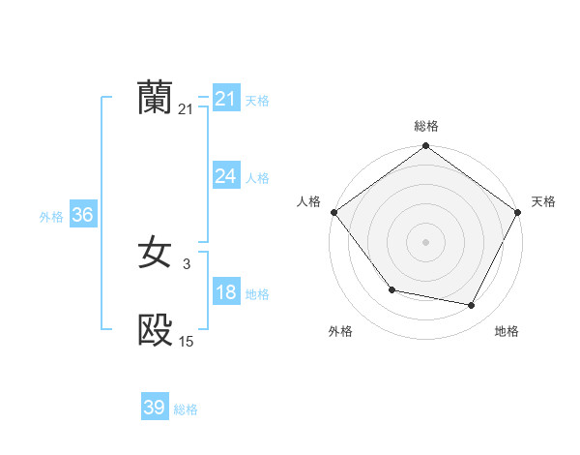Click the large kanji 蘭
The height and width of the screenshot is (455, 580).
click(x=155, y=98)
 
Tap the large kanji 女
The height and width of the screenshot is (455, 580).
click(x=155, y=254)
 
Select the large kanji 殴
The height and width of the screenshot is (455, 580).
click(x=155, y=330)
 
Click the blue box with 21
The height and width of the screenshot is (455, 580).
click(x=225, y=99)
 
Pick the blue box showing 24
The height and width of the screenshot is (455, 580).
click(x=225, y=176)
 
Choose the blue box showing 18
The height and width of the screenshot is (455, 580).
click(x=225, y=292)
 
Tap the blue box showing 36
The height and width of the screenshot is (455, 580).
click(x=82, y=215)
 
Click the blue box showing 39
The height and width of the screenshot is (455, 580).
click(x=154, y=408)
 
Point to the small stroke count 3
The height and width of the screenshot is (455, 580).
click(x=186, y=263)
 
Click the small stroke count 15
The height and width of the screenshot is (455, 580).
click(x=186, y=341)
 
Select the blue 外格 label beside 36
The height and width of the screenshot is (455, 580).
click(x=51, y=217)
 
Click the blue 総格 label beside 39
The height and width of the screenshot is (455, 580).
click(x=186, y=409)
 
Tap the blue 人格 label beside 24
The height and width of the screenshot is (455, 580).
click(x=257, y=178)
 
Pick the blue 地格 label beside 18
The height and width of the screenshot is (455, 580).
click(x=257, y=294)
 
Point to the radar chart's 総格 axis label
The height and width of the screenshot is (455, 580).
click(x=426, y=126)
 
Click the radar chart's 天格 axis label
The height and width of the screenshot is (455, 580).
click(x=543, y=201)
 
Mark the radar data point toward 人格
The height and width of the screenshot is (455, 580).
click(x=334, y=212)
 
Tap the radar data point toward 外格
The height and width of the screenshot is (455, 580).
click(x=391, y=289)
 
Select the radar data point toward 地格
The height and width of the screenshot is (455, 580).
click(x=472, y=306)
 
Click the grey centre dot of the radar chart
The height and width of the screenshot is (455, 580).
click(x=425, y=241)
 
